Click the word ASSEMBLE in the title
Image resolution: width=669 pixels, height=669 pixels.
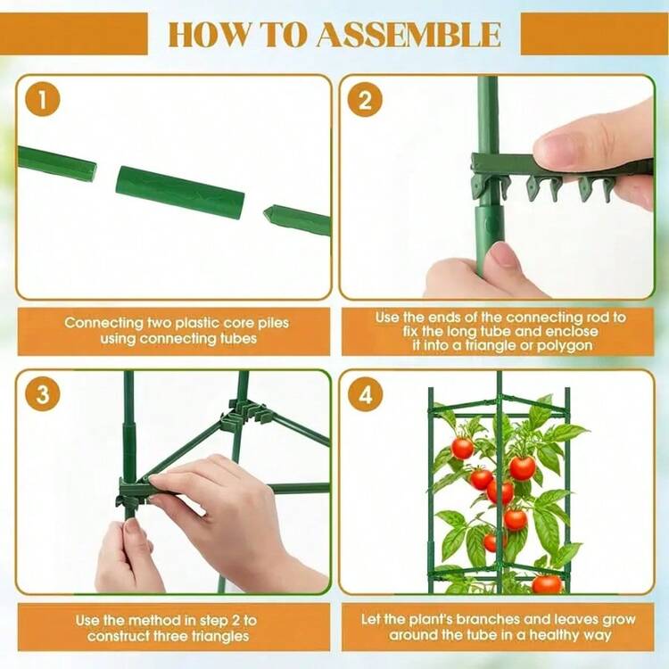pyautogui.click(x=409, y=34)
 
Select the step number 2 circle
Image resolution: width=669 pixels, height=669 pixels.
pyautogui.click(x=365, y=100)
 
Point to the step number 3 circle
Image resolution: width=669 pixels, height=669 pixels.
pyautogui.click(x=42, y=393)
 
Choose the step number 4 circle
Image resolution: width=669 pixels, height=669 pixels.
pyautogui.click(x=365, y=394)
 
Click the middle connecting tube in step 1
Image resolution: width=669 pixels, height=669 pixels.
pyautogui.click(x=180, y=193)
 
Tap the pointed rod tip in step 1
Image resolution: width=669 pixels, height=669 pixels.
pyautogui.click(x=269, y=211)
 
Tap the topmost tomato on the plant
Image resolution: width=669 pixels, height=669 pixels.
pyautogui.click(x=462, y=449)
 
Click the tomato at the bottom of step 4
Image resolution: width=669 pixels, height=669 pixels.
pyautogui.click(x=547, y=584)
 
